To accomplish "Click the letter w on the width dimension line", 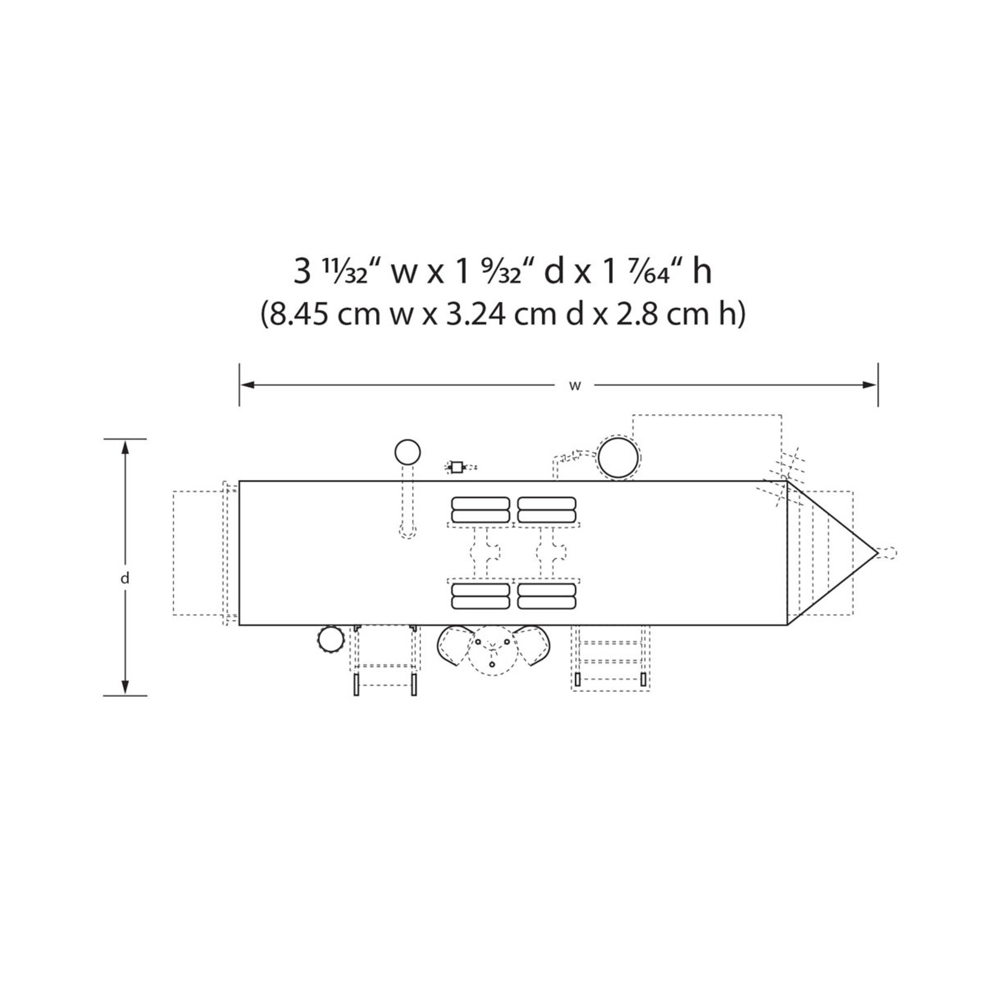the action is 575,385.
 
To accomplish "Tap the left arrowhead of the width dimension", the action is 247,385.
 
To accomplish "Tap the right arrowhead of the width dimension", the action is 870,385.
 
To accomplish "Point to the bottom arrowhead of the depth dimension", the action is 125,687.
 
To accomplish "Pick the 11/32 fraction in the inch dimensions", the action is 345,271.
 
